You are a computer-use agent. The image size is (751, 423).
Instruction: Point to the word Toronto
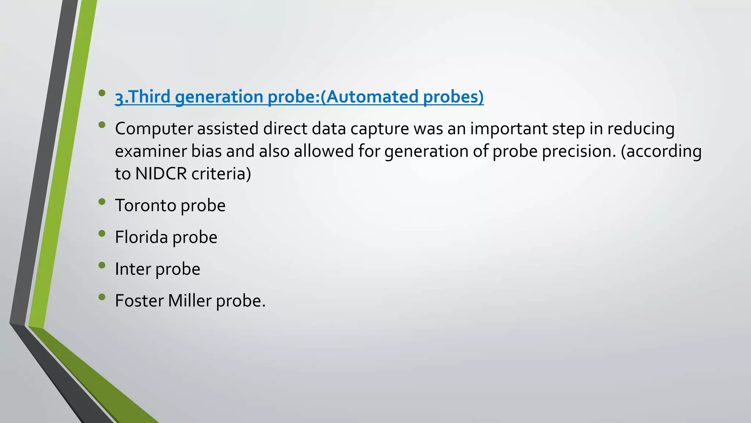point(146,205)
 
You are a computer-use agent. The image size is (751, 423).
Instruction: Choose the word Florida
point(141,237)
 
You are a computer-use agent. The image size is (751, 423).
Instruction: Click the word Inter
point(133,269)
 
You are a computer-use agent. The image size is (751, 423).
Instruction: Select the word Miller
point(190,301)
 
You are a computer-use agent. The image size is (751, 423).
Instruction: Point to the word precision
point(577,151)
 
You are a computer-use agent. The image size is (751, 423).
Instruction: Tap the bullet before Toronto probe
point(102,201)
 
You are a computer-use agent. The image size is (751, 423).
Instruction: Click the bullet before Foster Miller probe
point(102,297)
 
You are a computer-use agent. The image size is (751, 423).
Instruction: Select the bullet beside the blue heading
point(102,93)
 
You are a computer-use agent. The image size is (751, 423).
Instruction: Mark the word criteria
point(221,174)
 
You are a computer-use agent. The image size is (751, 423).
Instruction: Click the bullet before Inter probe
point(102,265)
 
